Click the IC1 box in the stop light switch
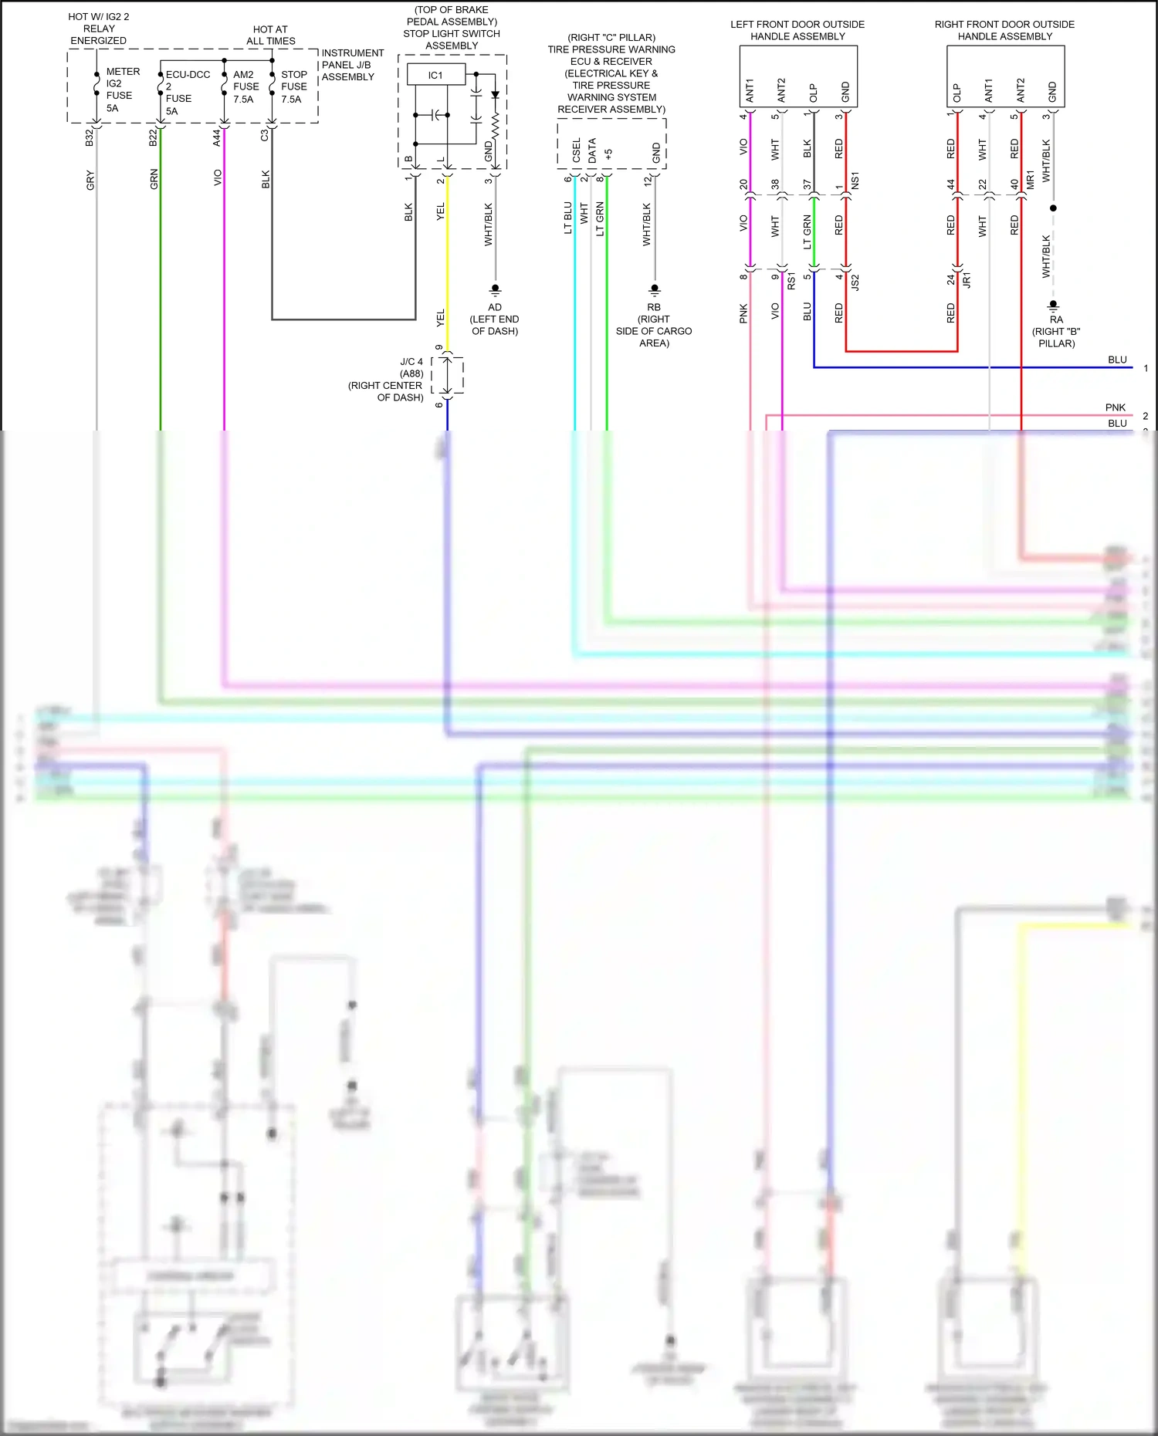click(x=435, y=75)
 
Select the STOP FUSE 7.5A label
click(x=293, y=86)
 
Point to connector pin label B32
click(x=90, y=137)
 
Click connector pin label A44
click(x=217, y=137)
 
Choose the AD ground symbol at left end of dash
click(x=495, y=290)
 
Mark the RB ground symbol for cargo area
click(x=654, y=290)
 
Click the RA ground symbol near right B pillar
click(x=1053, y=305)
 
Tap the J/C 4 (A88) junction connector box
click(x=447, y=376)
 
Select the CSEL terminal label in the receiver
click(x=576, y=150)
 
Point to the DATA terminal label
click(x=592, y=150)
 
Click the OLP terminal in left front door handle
click(x=813, y=93)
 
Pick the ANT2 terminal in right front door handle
click(x=1021, y=90)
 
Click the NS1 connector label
click(x=855, y=181)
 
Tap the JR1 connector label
click(x=967, y=280)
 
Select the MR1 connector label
click(x=1030, y=181)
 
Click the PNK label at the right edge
click(x=1115, y=407)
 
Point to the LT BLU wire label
click(x=568, y=218)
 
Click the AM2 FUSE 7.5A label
click(x=245, y=86)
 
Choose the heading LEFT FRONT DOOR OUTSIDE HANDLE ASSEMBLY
click(x=797, y=30)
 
